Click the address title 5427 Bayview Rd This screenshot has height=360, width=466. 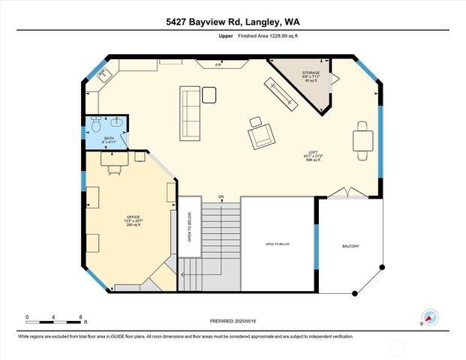pyautogui.click(x=233, y=22)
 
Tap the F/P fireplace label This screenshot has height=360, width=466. pyautogui.click(x=218, y=65)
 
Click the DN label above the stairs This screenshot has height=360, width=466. pyautogui.click(x=221, y=196)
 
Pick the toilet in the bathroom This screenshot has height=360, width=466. pyautogui.click(x=95, y=122)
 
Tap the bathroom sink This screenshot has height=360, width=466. pyautogui.click(x=117, y=123)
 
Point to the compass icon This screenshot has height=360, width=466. pyautogui.click(x=428, y=317)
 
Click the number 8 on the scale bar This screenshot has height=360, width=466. pyautogui.click(x=81, y=316)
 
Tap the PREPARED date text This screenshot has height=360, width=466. pyautogui.click(x=233, y=320)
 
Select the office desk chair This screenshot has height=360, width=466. pyautogui.click(x=114, y=168)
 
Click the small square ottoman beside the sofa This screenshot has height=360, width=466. pyautogui.click(x=209, y=94)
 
